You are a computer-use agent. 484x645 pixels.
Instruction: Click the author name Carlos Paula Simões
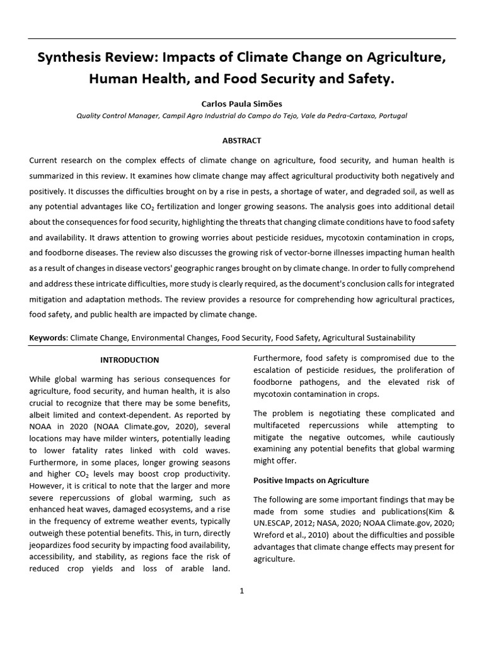[x=241, y=103]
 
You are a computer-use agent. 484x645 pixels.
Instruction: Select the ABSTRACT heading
[x=241, y=140]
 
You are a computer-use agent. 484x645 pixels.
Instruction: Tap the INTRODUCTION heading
[x=130, y=360]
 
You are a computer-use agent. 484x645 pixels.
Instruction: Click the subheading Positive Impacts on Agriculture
[x=311, y=480]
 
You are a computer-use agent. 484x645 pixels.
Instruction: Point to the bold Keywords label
[x=48, y=338]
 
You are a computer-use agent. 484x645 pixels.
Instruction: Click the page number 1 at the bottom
[x=241, y=590]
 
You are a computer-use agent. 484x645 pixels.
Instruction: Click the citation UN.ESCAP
[x=277, y=523]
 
